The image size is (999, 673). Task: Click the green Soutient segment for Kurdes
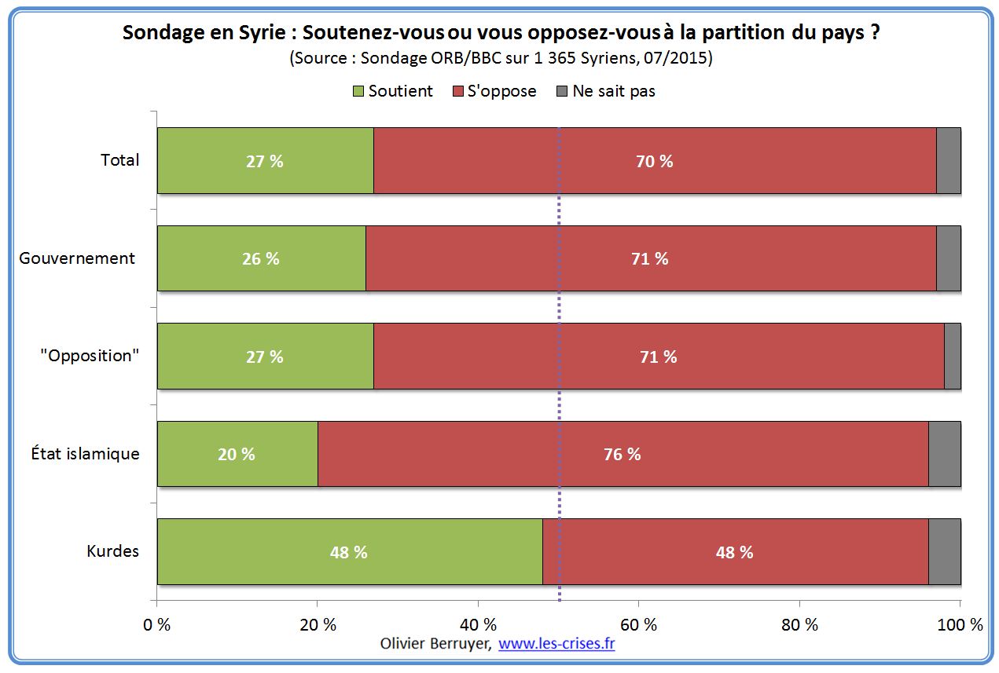tap(350, 551)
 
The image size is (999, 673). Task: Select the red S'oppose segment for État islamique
tap(623, 454)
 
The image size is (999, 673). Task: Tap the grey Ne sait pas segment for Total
tap(948, 161)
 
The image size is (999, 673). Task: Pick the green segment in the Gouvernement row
tap(261, 258)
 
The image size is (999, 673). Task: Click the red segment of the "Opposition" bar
tap(658, 357)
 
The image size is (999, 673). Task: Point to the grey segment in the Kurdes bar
tap(944, 551)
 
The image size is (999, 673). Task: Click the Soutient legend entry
tap(393, 91)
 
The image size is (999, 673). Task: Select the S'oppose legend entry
tap(495, 91)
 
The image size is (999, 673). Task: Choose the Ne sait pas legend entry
tap(605, 91)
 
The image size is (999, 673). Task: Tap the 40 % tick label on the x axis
tap(478, 625)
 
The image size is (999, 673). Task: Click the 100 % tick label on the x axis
tap(960, 625)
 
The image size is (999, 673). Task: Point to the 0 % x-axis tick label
tap(157, 625)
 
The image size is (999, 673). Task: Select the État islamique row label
tap(86, 454)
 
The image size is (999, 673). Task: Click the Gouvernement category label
tap(77, 258)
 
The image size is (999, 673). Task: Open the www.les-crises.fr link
tap(556, 644)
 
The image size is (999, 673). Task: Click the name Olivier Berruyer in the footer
tap(436, 644)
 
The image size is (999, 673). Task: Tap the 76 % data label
tap(623, 454)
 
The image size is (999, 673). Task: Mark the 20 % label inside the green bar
tap(237, 454)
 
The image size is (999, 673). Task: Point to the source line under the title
tap(500, 58)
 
